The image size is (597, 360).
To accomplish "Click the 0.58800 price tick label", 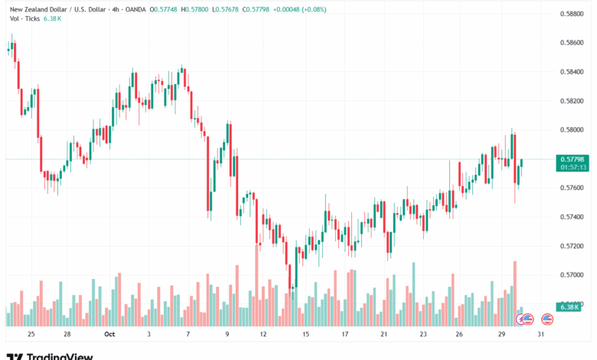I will coord(573,14).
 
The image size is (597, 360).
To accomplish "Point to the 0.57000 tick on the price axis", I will coord(573,274).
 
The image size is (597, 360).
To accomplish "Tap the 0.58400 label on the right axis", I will coord(573,71).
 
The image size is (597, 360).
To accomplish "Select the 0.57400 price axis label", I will coord(573,217).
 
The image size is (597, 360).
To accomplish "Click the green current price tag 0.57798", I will coord(573,159).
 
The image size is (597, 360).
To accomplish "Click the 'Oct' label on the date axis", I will coord(109,335).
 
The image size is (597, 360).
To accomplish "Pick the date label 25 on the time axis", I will coord(31,335).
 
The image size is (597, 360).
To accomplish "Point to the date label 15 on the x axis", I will coord(305,335).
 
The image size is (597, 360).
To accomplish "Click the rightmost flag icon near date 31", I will coord(547,319).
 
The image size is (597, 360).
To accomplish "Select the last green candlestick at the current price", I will coord(522,164).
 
